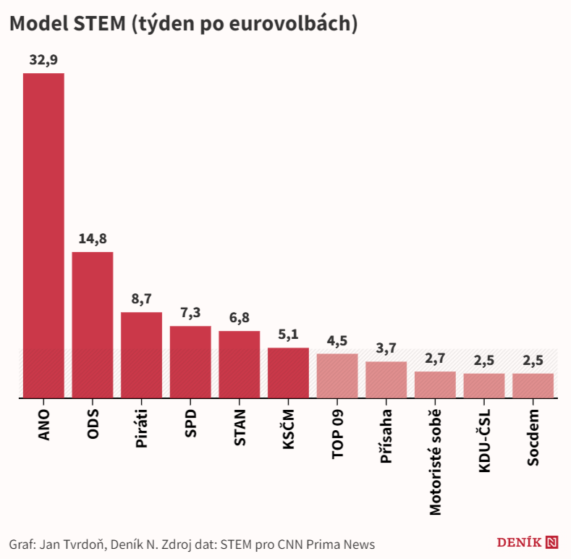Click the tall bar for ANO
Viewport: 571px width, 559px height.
[x=43, y=235]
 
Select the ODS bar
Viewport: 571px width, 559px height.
[x=93, y=324]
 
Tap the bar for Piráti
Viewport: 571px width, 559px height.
[x=141, y=355]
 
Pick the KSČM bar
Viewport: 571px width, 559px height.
[x=288, y=372]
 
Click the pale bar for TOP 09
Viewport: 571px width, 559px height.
[x=337, y=375]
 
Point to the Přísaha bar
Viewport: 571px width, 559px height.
[x=386, y=379]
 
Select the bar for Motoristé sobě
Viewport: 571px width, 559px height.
[x=435, y=384]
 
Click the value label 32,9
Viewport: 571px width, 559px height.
[x=43, y=60]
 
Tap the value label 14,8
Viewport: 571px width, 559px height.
[x=93, y=239]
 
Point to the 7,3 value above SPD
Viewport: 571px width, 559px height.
[x=190, y=313]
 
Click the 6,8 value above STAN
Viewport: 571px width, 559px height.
[x=240, y=318]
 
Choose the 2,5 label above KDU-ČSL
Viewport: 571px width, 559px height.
[x=484, y=361]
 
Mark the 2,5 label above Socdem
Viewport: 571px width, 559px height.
[x=533, y=361]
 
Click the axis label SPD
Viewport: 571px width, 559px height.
[x=191, y=423]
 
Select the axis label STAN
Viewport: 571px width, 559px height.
[x=240, y=427]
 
